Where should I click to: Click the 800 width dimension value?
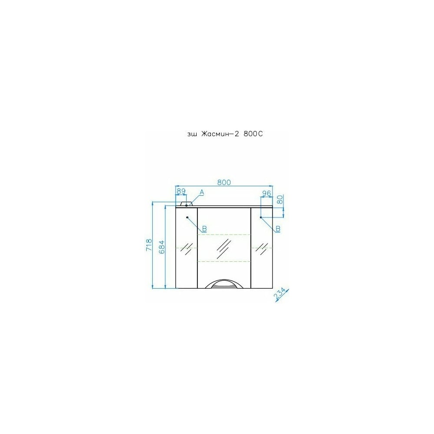(224, 182)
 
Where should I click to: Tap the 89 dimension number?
(181, 191)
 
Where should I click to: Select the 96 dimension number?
(266, 193)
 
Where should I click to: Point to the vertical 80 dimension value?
(280, 199)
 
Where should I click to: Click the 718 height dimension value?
(149, 245)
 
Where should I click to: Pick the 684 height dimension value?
(161, 247)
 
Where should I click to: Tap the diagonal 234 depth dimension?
(280, 294)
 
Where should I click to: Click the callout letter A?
(202, 192)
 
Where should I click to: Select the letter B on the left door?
(204, 229)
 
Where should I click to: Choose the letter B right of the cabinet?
(278, 229)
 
